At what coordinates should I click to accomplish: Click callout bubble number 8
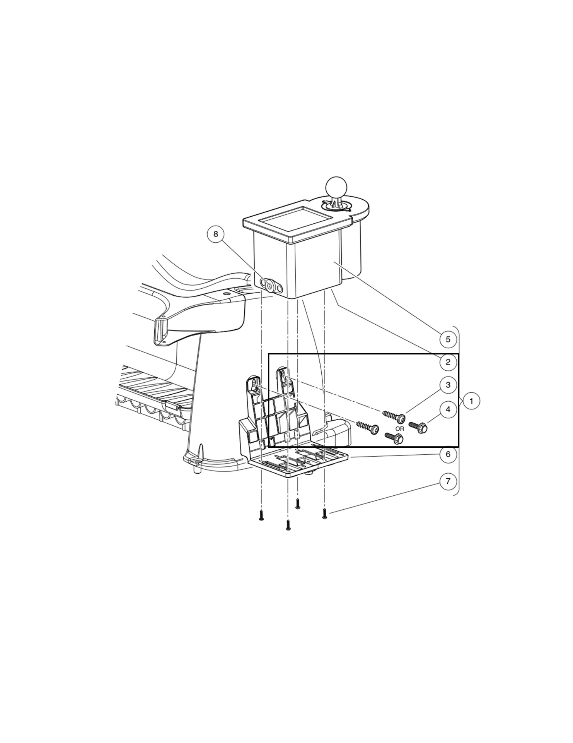click(216, 234)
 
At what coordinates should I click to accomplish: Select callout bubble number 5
click(448, 339)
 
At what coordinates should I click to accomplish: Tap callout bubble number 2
click(448, 362)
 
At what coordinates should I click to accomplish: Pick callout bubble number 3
click(448, 385)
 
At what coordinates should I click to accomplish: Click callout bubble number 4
click(448, 409)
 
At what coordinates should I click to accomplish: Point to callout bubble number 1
click(471, 401)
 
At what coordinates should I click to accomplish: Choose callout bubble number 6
click(448, 454)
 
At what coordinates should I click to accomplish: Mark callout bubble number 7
click(448, 481)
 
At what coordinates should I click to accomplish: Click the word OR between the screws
click(399, 429)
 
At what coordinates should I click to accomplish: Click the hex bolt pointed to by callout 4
click(418, 427)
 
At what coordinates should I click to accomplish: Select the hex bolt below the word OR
click(394, 438)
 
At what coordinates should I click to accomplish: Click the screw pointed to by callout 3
click(394, 416)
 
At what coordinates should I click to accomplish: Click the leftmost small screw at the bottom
click(261, 515)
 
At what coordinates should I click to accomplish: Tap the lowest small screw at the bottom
click(288, 525)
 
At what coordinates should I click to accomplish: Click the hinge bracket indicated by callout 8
click(271, 285)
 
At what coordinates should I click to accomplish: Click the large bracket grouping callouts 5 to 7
click(457, 410)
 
